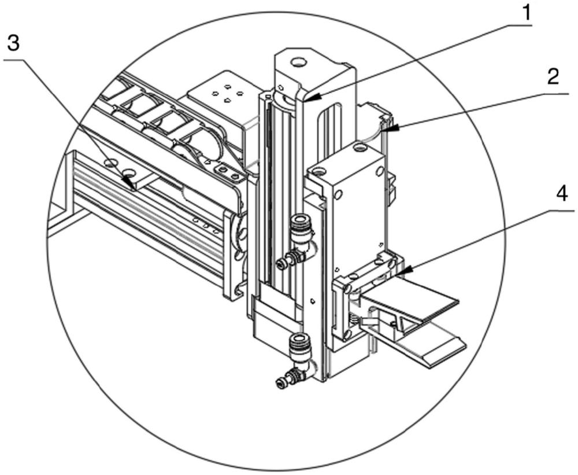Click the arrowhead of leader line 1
point(312,98)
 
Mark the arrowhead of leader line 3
point(128,181)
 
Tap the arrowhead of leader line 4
point(402,272)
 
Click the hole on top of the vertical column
point(298,62)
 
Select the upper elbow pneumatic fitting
point(297,243)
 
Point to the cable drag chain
point(162,119)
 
